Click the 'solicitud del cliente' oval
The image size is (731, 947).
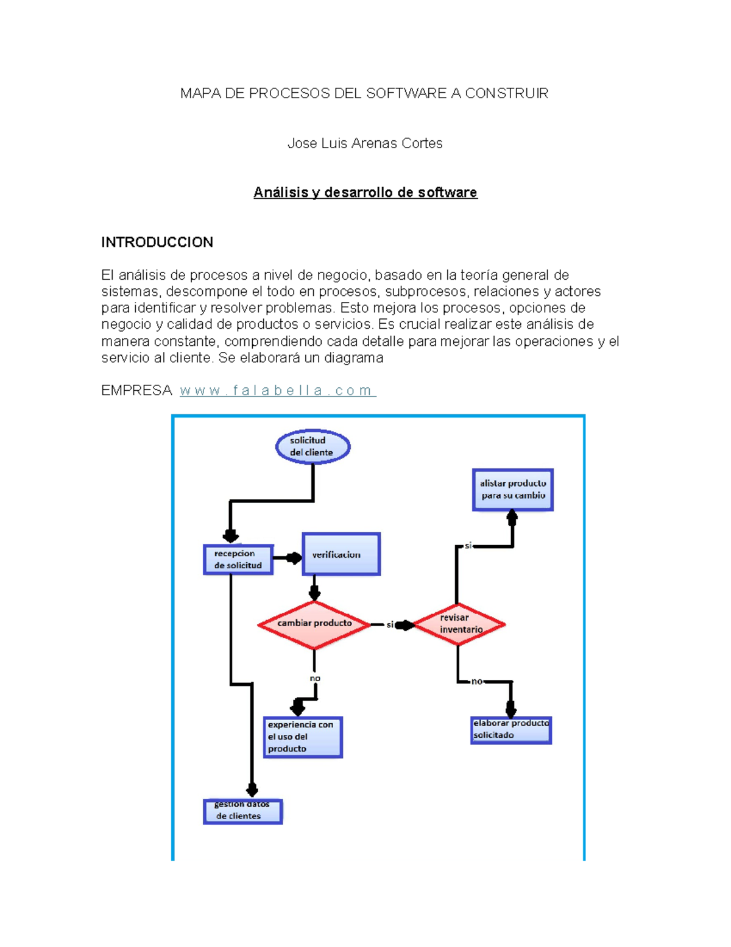(x=313, y=446)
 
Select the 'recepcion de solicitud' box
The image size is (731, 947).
(x=238, y=559)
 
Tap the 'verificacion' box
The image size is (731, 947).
(x=341, y=554)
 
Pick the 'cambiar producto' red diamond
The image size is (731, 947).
(x=314, y=624)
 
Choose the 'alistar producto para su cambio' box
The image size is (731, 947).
(x=513, y=490)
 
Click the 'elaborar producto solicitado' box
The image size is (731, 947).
(x=511, y=730)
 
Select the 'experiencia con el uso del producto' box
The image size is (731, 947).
(x=303, y=737)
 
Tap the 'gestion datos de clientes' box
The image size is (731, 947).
(x=242, y=812)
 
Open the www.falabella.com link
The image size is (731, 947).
(x=278, y=390)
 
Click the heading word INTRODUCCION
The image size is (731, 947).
(x=157, y=242)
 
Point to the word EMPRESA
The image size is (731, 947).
(x=136, y=390)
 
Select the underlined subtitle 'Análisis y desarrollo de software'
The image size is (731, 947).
(x=365, y=193)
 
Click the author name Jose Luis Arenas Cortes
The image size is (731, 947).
(x=365, y=143)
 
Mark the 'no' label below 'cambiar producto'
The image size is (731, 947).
(x=315, y=678)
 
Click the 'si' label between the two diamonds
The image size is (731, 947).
(x=390, y=624)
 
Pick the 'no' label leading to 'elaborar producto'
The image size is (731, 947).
(x=477, y=681)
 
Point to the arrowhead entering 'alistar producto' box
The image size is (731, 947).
(x=512, y=517)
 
